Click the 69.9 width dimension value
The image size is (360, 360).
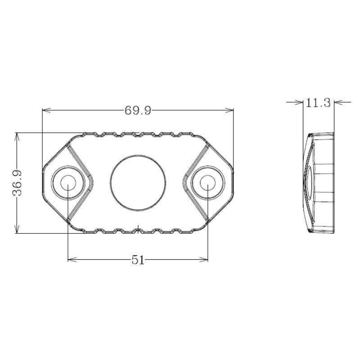point(138,110)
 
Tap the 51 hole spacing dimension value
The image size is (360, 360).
point(138,260)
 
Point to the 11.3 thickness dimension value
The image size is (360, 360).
point(318,103)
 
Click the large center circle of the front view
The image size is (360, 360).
point(138,183)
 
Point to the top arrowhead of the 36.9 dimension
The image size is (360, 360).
point(17,135)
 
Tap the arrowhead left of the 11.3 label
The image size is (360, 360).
point(300,102)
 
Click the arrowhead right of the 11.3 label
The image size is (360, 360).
point(338,102)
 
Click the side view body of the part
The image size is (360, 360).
point(320,183)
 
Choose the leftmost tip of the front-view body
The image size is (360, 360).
point(42,183)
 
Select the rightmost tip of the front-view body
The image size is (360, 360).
point(233,183)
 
